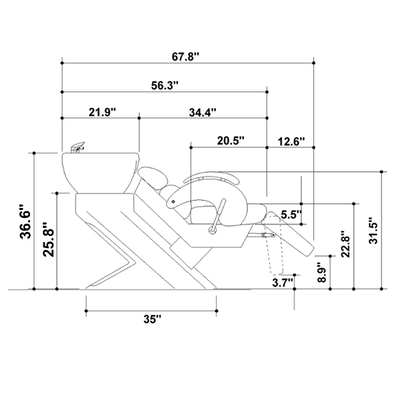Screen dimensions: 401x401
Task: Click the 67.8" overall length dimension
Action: coord(185,57)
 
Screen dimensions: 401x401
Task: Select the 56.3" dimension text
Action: coord(164,86)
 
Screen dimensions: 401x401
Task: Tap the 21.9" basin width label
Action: coord(102,112)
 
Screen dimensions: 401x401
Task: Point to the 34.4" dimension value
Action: coord(203,112)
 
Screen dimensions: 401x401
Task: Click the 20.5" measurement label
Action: coord(231,140)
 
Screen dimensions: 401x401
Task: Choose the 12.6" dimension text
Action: coord(291,142)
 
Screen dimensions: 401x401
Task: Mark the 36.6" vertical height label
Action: coord(25,221)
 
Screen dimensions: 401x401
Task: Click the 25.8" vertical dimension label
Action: coord(48,239)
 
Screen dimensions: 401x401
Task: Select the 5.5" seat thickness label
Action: coord(291,215)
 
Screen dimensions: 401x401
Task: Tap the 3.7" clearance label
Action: coord(282,283)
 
